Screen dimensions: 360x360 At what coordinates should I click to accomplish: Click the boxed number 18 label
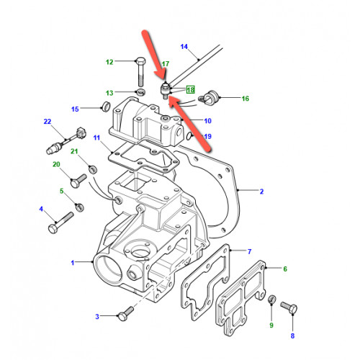click(191, 90)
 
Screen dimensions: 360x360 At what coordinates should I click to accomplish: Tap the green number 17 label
click(166, 64)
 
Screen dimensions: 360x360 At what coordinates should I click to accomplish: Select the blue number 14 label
click(184, 47)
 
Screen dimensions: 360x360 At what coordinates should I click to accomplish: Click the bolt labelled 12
click(140, 72)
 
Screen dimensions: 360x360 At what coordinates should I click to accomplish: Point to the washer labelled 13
click(140, 91)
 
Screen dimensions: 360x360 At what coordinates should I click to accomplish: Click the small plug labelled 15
click(106, 107)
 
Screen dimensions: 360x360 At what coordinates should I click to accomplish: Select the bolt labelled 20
click(78, 181)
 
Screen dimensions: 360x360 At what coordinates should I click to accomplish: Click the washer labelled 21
click(93, 169)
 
